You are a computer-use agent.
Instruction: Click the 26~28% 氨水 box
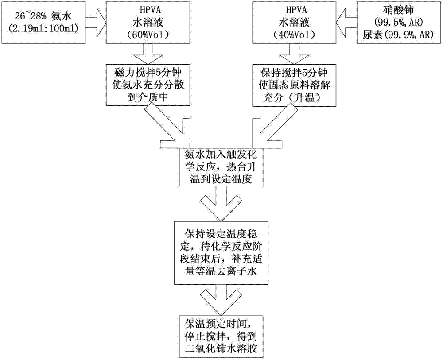(x=43, y=22)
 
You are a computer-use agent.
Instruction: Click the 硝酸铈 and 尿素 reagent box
(x=398, y=22)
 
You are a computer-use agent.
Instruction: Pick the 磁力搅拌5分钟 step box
(x=136, y=84)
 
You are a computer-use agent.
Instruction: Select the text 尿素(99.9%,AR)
(x=398, y=35)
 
